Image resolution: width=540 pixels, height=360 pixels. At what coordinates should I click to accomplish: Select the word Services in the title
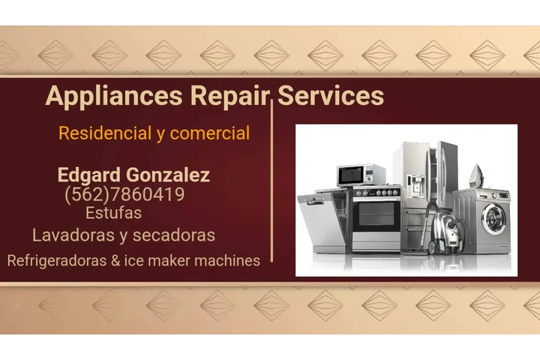coord(331,96)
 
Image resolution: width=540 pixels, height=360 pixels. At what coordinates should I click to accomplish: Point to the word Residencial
coord(105,133)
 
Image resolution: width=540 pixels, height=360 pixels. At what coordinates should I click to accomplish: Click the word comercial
coord(210,133)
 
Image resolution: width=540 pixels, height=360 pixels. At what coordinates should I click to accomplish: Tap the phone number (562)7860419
coord(124,195)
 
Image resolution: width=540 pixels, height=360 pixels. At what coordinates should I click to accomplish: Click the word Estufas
coord(113,213)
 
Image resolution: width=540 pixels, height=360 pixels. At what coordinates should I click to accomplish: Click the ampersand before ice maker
coord(114,261)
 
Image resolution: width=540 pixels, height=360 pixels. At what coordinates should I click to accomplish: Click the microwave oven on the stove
coord(361,175)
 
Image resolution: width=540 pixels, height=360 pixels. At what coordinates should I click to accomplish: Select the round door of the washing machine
coord(493,218)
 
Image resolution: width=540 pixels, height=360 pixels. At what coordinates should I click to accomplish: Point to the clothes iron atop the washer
coord(476,177)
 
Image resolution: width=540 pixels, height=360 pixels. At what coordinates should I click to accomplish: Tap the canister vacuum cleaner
coord(448,234)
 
